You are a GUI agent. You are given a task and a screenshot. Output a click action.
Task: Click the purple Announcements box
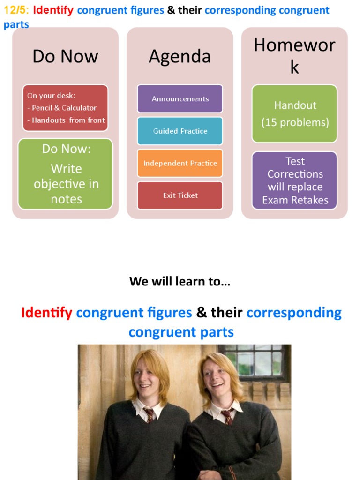point(180,99)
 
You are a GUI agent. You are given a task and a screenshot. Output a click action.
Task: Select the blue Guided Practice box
point(180,131)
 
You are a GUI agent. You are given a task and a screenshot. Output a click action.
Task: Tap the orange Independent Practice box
point(180,163)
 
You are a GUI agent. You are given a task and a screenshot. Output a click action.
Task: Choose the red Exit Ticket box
point(180,195)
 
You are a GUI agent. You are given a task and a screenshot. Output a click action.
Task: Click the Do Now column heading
point(65,57)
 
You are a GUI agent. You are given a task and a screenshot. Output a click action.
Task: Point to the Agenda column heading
point(180,57)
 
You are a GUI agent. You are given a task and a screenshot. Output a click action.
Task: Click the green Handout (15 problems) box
point(295,113)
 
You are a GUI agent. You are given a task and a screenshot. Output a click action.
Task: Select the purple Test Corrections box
point(295,180)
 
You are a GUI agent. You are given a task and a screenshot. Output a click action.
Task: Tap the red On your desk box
point(66,108)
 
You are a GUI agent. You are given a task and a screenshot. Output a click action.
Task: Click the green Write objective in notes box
point(66,174)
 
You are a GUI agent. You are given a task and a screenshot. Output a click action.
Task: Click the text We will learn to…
point(180,281)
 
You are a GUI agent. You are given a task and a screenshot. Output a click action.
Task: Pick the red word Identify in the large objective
point(46,312)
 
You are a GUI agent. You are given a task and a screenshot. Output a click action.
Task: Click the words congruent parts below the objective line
point(181,332)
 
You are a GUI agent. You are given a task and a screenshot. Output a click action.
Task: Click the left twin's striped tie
point(149,414)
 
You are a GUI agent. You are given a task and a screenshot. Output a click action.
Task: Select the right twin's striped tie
point(227,416)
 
